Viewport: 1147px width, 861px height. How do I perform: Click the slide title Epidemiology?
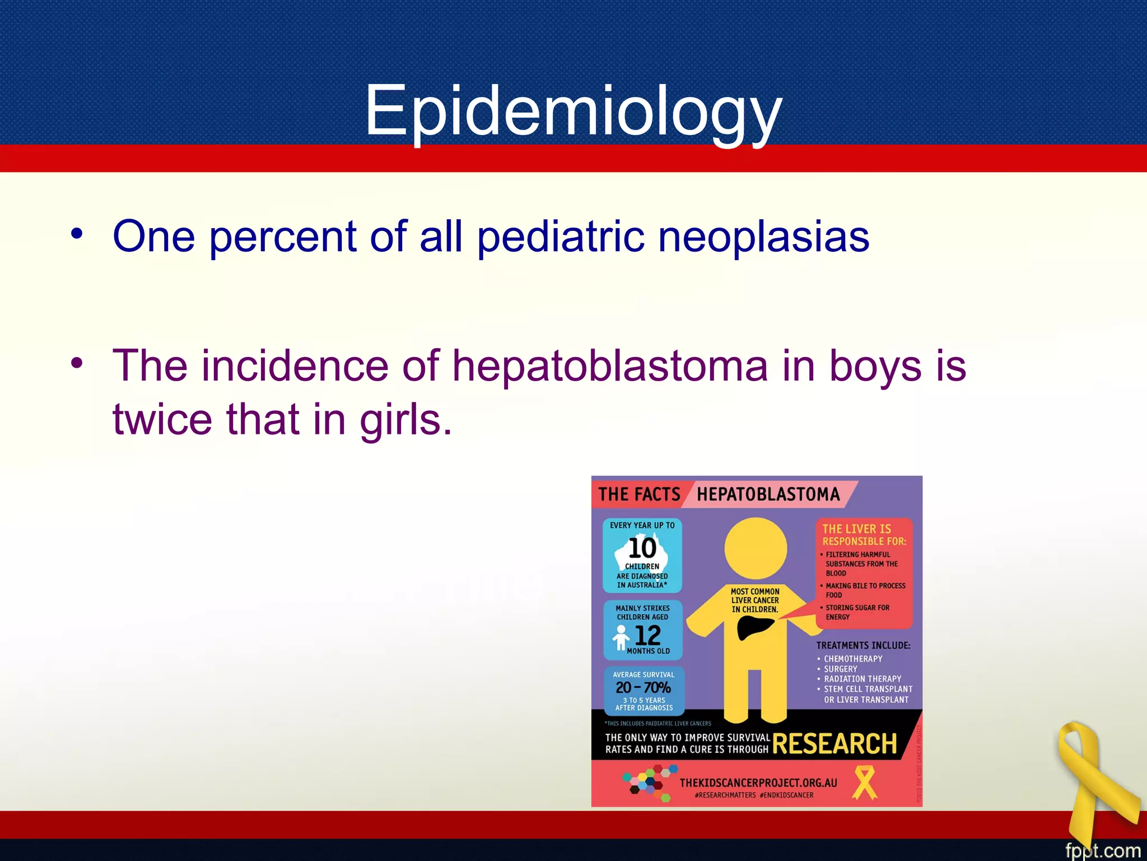(573, 110)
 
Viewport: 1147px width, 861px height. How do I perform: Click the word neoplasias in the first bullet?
(763, 236)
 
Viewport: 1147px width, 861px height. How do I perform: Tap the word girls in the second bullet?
(405, 419)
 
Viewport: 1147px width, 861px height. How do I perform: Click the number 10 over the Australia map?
(642, 548)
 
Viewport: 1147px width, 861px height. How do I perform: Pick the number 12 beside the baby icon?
(648, 635)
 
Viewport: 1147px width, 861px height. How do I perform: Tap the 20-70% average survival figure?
(643, 687)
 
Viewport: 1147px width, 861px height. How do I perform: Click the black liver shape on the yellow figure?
(754, 627)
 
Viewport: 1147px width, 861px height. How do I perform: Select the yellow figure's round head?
(756, 548)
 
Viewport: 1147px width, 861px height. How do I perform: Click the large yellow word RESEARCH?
(834, 744)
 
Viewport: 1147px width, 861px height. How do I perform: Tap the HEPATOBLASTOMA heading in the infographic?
(768, 494)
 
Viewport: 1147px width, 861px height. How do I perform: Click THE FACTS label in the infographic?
(639, 494)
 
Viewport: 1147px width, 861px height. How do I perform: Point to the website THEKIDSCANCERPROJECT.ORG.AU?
(758, 783)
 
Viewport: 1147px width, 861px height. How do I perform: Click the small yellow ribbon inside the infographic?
(864, 783)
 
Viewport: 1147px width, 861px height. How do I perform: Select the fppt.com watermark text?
(1102, 850)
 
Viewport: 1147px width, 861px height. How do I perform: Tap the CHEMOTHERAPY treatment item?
(853, 659)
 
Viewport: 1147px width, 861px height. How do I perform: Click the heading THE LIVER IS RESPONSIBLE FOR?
(864, 535)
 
